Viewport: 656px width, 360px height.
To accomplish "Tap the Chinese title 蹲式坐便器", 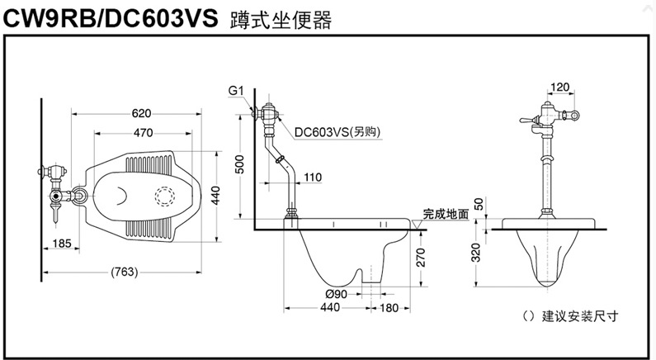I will point(276,21).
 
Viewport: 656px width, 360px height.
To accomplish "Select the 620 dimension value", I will point(141,113).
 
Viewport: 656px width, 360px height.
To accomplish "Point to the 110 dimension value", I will point(313,178).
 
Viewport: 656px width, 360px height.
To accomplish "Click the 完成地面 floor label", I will point(446,213).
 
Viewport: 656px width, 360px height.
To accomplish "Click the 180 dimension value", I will point(389,308).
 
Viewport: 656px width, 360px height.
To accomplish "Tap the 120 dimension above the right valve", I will point(560,87).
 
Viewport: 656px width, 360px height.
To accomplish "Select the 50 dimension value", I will point(479,203).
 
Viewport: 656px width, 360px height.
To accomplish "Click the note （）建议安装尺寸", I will point(570,315).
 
